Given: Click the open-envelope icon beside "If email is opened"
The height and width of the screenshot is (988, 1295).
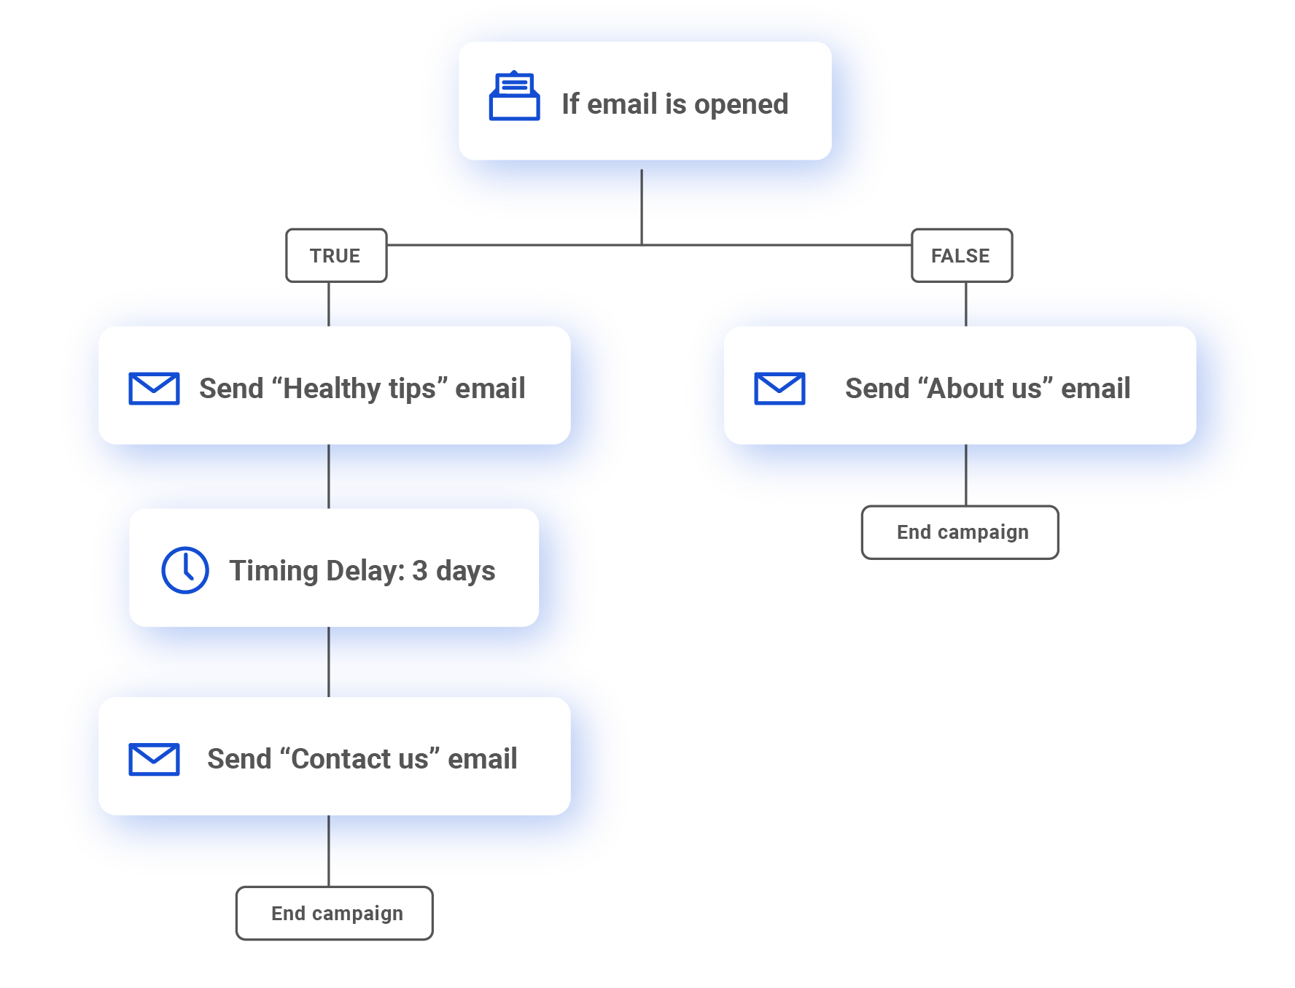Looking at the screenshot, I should pos(514,97).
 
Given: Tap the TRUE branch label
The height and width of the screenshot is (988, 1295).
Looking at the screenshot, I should pos(335,255).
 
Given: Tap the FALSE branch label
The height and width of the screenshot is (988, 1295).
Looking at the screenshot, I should pos(961,255).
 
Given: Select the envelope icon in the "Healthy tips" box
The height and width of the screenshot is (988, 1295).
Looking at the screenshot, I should pos(154,388).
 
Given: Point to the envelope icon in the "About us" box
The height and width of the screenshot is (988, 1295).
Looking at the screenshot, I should pos(779,388).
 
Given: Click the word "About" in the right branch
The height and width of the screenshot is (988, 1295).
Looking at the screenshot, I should pos(973,389).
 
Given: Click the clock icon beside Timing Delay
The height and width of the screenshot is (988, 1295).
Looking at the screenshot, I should pos(185,570).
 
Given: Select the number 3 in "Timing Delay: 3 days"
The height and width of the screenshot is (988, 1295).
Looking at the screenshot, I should pos(419,571).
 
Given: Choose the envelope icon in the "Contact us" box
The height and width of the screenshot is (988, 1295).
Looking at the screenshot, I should pos(154,759).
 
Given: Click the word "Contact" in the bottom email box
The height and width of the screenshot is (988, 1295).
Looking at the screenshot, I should pos(339,759).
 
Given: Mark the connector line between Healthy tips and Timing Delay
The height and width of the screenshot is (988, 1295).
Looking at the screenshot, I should pos(329,476).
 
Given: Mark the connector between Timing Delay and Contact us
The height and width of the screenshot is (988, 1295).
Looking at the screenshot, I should pos(329,661).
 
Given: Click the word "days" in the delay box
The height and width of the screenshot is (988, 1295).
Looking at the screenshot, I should pos(465,572).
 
